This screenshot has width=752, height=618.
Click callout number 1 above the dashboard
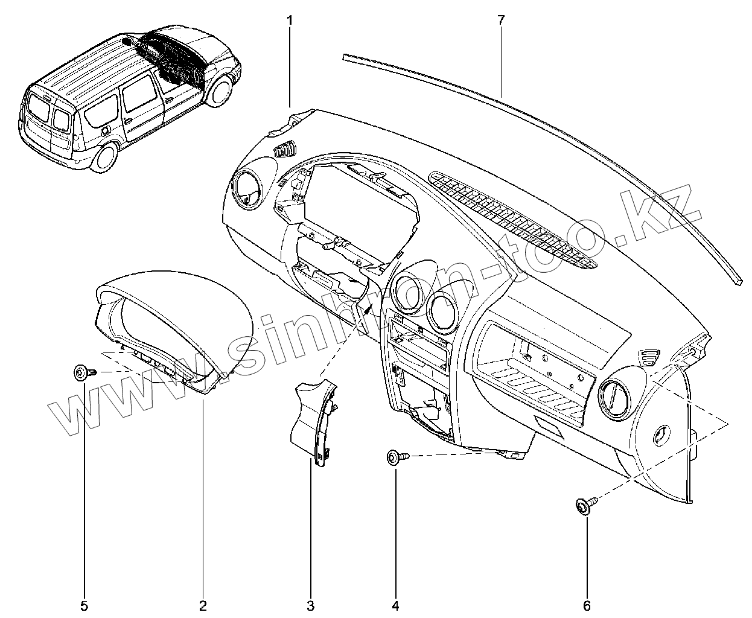point(290,21)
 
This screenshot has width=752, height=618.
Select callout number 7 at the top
point(500,20)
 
